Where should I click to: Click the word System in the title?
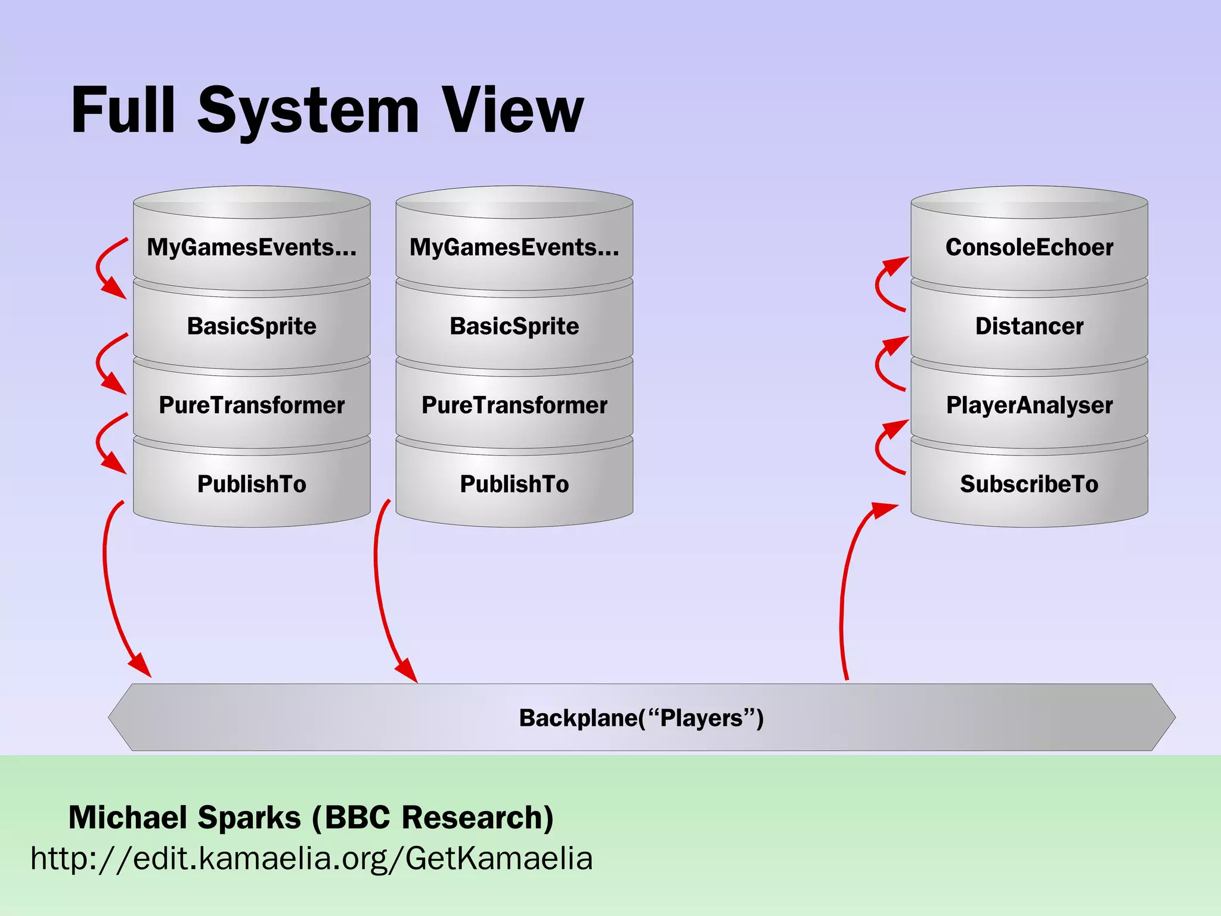[308, 110]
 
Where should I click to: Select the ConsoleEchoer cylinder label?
[1029, 247]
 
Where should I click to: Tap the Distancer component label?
[1029, 326]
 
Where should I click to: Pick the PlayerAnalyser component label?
[1029, 406]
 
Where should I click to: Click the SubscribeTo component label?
[1029, 484]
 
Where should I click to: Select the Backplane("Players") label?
[641, 718]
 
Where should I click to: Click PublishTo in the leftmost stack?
[252, 484]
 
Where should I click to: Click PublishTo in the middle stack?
[514, 484]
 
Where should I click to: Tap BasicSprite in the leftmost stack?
[252, 326]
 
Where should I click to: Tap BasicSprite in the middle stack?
[514, 326]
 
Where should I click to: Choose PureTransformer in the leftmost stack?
[252, 406]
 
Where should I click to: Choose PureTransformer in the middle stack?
[514, 406]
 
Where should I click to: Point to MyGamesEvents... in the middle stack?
[514, 247]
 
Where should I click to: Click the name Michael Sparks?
[185, 817]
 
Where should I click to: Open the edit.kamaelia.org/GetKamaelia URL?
[311, 859]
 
